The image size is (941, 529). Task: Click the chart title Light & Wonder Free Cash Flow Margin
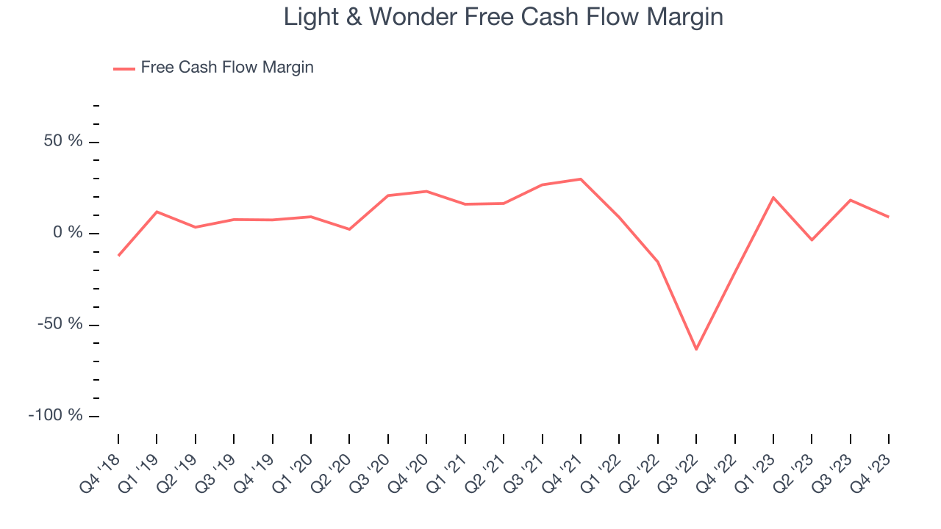[x=504, y=17]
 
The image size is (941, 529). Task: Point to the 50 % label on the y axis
[x=63, y=142]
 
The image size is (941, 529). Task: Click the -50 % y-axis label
[x=60, y=324]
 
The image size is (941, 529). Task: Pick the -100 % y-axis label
[x=56, y=415]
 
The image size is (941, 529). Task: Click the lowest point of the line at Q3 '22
[x=695, y=349]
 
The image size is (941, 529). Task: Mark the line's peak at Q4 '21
[x=580, y=179]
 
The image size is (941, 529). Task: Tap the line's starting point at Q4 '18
[x=118, y=256]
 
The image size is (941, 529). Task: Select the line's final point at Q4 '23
[x=888, y=217]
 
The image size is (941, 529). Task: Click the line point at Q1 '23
[x=773, y=197]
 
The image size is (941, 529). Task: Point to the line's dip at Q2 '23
[x=811, y=240]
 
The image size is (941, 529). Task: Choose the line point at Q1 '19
[x=157, y=212]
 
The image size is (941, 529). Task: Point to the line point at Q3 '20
[x=387, y=195]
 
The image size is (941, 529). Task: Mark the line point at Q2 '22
[x=657, y=262]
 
